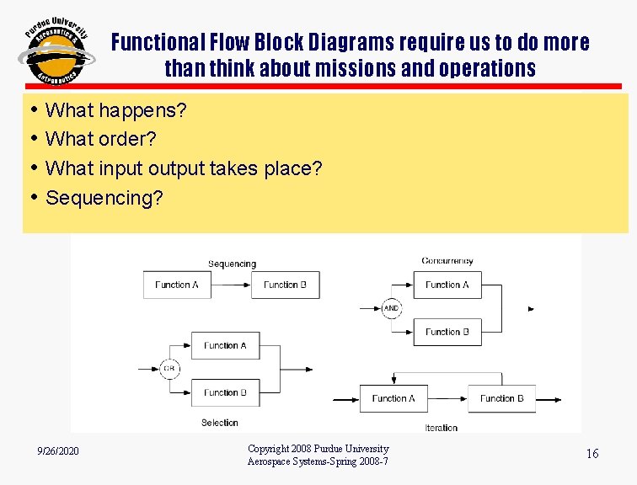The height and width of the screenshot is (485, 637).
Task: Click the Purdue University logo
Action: coord(56,52)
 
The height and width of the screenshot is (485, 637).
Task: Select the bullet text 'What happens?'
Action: coord(116,110)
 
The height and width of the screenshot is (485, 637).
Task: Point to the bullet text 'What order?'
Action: coord(101,139)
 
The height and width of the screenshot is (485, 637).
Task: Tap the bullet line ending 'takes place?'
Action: coord(184,168)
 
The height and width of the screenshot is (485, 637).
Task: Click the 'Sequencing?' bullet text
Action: coord(105,198)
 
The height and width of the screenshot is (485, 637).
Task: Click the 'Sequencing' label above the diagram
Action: coord(232,264)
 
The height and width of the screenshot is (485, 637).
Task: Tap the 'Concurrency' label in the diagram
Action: coord(447,261)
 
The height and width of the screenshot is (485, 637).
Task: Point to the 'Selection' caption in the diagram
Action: coord(220,423)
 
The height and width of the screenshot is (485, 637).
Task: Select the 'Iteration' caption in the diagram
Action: coord(442,428)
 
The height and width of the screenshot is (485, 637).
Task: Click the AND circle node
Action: coord(391,308)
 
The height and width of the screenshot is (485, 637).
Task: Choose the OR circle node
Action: coord(170,369)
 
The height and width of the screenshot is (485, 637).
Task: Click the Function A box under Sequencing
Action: coord(177,285)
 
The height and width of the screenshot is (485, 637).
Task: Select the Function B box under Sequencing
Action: coord(286,285)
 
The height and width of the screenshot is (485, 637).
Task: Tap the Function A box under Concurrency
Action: coord(447,285)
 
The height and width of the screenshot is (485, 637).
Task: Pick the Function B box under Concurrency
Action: coord(447,332)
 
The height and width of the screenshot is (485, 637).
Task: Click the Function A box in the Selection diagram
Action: coord(226,345)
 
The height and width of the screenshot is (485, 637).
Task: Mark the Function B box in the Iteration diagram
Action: coord(502,398)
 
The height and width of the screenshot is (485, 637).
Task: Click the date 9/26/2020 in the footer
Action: coord(58,452)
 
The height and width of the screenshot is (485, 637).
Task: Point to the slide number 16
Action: coord(592,454)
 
